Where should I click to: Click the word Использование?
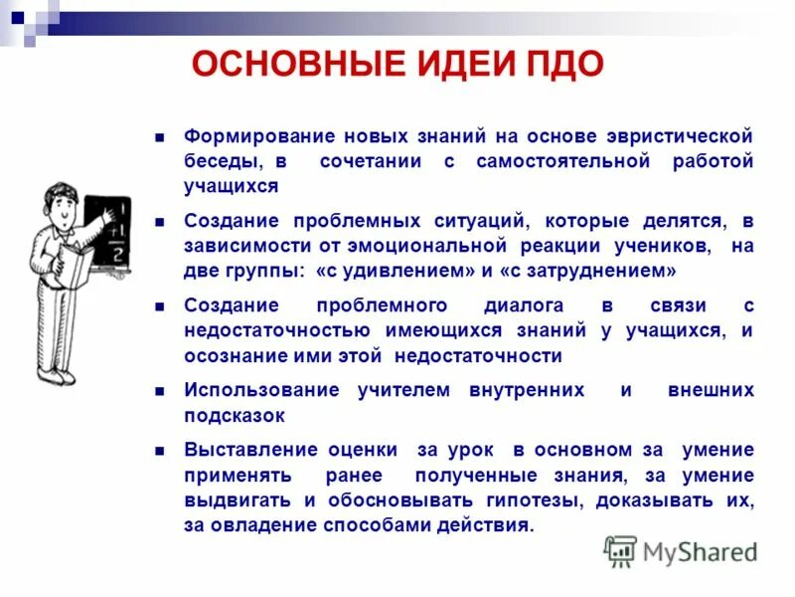click(262, 391)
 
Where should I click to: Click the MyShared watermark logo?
click(682, 550)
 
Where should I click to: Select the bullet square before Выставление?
click(158, 451)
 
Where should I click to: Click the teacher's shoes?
click(56, 377)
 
